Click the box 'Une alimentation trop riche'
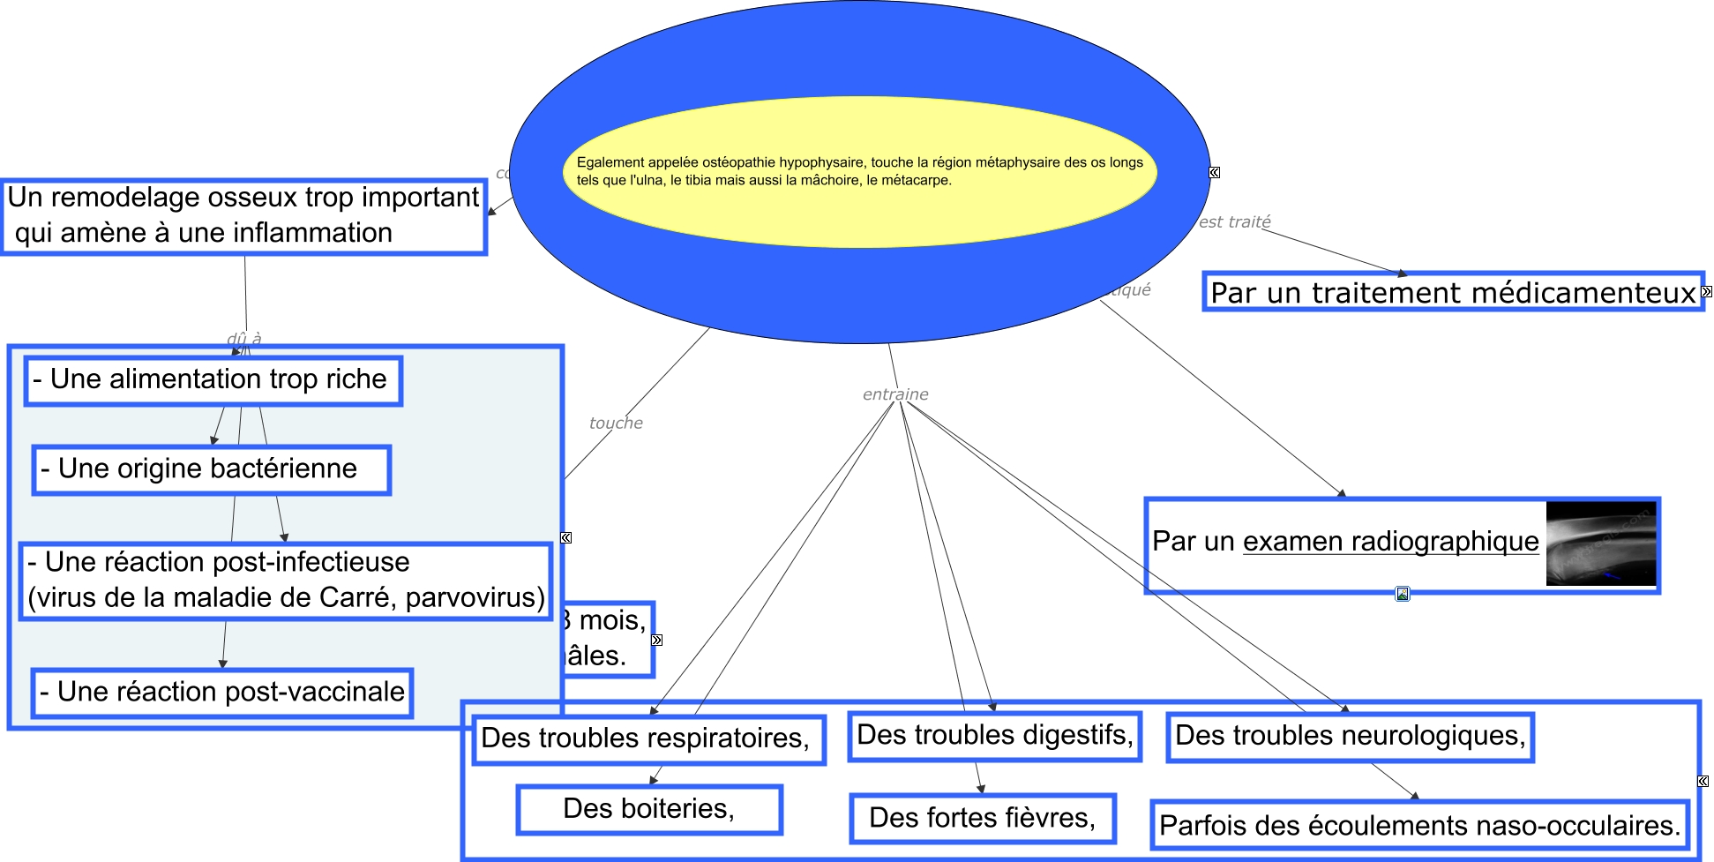click(x=213, y=380)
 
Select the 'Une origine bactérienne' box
click(x=211, y=469)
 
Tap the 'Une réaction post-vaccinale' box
click(x=221, y=693)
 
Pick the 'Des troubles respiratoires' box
click(x=648, y=738)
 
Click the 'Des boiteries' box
click(x=648, y=809)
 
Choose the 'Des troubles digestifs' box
click(x=994, y=736)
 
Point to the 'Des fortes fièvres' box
click(x=982, y=818)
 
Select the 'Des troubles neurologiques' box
click(x=1350, y=737)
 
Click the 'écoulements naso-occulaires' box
click(x=1419, y=826)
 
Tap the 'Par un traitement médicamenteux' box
click(x=1452, y=292)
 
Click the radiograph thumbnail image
click(x=1600, y=543)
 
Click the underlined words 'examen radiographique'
click(x=1390, y=542)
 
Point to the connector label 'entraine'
click(x=895, y=394)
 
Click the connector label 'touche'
click(x=616, y=424)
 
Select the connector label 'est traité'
click(x=1234, y=222)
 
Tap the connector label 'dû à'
click(x=243, y=339)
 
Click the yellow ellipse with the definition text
click(x=859, y=172)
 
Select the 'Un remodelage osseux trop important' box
click(x=243, y=216)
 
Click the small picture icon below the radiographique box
click(x=1403, y=594)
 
